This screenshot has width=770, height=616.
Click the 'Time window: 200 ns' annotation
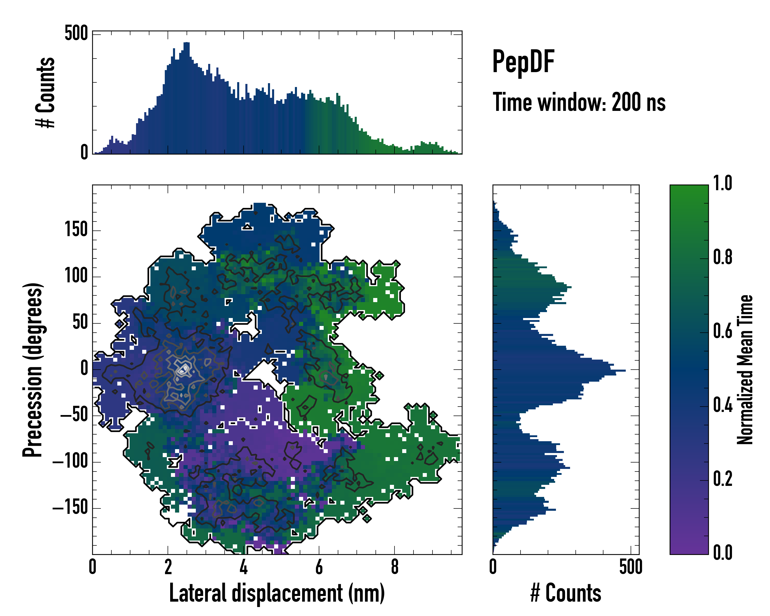[x=579, y=102]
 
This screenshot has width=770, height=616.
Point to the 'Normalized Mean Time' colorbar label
[x=745, y=370]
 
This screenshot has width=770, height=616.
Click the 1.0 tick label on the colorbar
[x=723, y=184]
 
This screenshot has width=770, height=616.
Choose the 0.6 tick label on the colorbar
[x=723, y=331]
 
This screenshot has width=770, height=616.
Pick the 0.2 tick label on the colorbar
[x=723, y=479]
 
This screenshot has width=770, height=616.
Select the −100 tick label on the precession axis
[x=70, y=461]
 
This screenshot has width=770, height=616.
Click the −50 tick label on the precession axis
[x=74, y=415]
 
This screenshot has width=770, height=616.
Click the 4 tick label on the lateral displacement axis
[x=243, y=567]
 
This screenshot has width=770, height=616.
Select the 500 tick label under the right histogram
[x=631, y=567]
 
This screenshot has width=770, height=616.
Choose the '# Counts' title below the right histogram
[x=566, y=593]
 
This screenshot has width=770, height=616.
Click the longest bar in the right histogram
[x=559, y=371]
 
